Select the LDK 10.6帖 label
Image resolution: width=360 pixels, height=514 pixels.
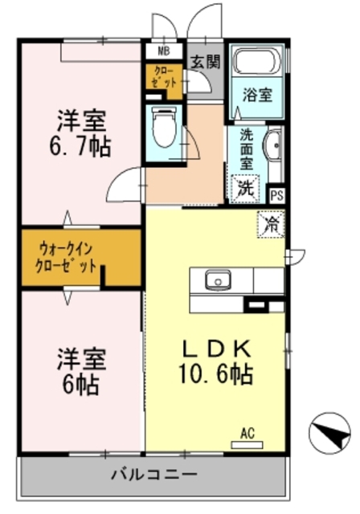click(215, 361)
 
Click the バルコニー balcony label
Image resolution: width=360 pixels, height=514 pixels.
click(153, 475)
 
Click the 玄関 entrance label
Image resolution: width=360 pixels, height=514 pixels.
click(203, 61)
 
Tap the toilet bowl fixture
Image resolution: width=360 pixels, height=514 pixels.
click(162, 128)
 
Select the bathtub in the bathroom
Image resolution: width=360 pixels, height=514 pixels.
click(257, 63)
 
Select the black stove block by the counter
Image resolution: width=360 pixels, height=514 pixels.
click(257, 304)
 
